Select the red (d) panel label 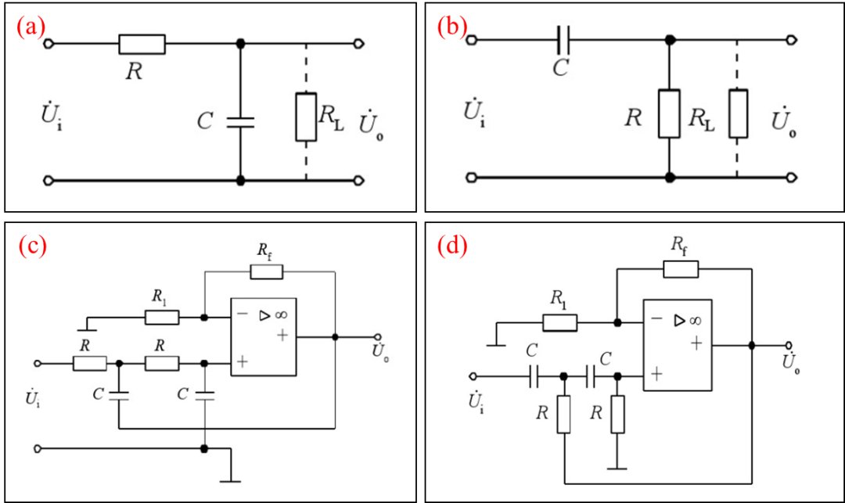tap(452, 246)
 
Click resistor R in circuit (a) tap(142, 44)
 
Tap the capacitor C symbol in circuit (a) tap(240, 122)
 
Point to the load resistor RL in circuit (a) tap(306, 117)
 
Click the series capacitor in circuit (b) tap(563, 40)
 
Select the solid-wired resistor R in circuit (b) tap(669, 113)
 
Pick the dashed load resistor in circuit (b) tap(738, 113)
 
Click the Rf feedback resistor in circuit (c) tap(266, 272)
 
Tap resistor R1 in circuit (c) tap(162, 317)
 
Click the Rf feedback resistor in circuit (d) tap(681, 269)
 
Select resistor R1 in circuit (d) tap(560, 322)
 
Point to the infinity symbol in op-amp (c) tap(282, 314)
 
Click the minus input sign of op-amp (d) tap(656, 319)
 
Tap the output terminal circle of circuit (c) tap(377, 337)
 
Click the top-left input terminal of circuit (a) tap(48, 44)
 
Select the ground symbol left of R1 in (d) tap(496, 344)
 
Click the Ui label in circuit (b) tap(474, 112)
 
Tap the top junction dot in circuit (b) tap(669, 40)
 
